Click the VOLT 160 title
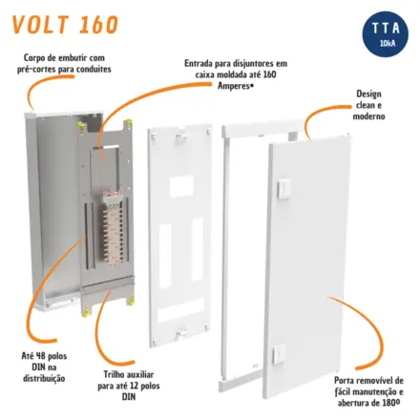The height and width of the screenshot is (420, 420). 65,24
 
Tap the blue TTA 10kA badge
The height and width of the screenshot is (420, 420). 386,34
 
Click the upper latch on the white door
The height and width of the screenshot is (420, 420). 283,189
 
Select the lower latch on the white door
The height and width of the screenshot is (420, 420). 279,354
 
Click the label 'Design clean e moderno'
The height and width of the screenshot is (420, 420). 368,105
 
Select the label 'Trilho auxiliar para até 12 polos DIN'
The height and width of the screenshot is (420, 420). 129,386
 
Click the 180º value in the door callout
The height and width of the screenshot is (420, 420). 390,403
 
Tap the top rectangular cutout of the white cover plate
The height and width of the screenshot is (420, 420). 181,187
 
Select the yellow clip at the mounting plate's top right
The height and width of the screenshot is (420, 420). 128,124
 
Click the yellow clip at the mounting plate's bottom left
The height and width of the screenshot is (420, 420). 85,310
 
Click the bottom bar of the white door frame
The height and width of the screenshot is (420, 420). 241,385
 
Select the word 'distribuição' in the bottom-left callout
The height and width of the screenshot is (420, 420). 44,379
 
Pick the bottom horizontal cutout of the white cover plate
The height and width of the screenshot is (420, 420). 181,305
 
